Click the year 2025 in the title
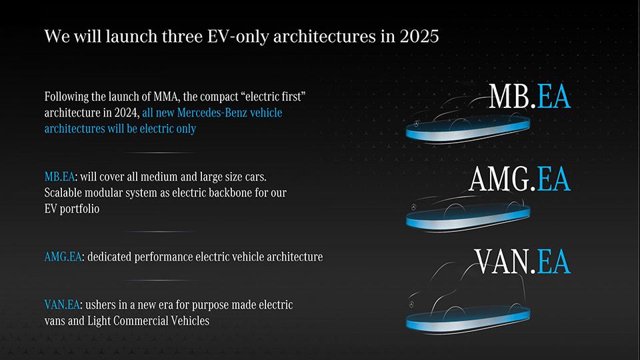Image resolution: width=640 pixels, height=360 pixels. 419,36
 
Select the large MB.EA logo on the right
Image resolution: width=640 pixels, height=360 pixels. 529,96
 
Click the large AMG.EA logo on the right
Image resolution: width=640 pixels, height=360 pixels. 519,179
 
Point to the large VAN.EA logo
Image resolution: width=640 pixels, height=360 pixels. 523,261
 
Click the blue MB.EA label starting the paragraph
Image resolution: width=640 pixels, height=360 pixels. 59,177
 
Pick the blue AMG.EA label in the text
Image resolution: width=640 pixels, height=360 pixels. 63,257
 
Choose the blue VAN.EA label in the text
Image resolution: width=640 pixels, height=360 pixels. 62,305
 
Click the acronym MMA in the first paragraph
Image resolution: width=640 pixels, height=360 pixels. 166,97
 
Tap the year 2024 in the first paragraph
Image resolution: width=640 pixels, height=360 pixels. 125,113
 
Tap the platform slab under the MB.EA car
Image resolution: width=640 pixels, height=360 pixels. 468,130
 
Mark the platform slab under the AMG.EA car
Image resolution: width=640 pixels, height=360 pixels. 468,218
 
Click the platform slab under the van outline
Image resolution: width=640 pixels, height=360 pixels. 468,320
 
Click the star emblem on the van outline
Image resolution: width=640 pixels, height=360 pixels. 411,305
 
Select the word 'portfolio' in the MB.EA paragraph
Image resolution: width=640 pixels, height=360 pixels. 79,209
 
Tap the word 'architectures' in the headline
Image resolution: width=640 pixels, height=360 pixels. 324,36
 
